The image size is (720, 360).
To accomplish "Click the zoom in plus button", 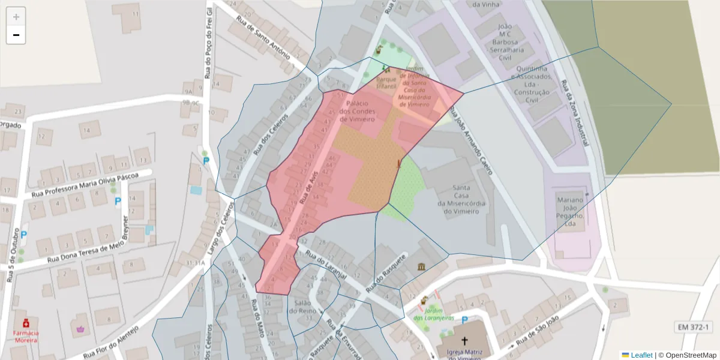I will [16, 17].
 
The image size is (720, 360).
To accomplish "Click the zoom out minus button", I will [16, 35].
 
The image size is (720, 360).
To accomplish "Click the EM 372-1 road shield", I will [694, 327].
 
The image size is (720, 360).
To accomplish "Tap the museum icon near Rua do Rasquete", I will [422, 266].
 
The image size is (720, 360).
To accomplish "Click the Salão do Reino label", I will [302, 307].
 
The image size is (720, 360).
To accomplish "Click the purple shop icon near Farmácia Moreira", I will [80, 328].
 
